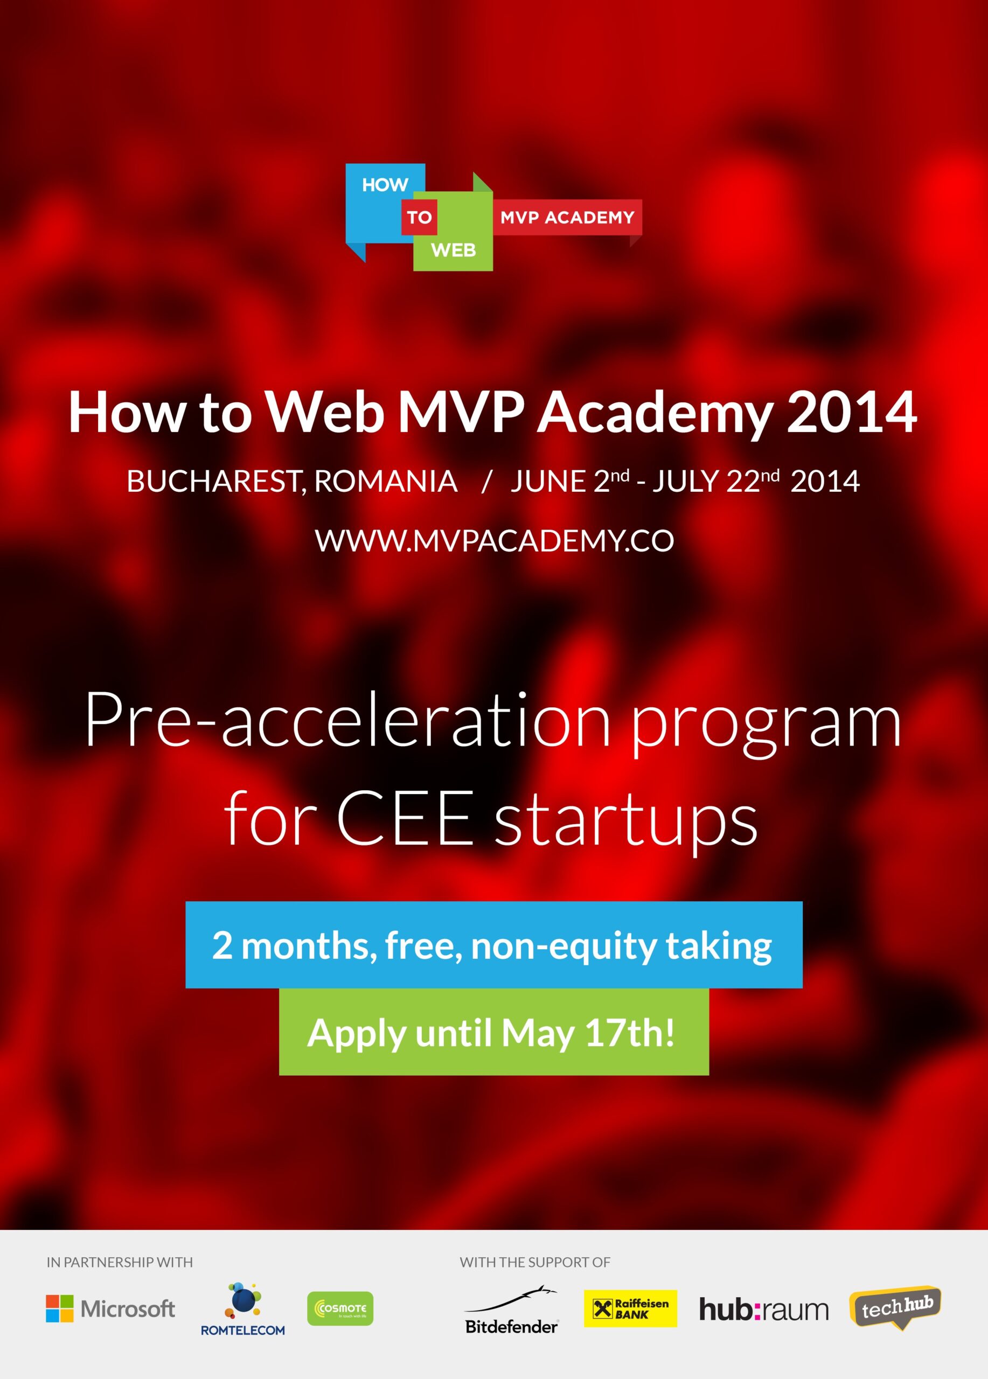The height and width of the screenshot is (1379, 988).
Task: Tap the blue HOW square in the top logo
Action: tap(385, 204)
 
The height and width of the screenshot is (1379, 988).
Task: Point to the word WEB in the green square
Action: tap(453, 250)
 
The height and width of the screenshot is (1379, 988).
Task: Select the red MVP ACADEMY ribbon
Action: tap(567, 217)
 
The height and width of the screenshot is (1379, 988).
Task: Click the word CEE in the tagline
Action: tap(405, 818)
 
